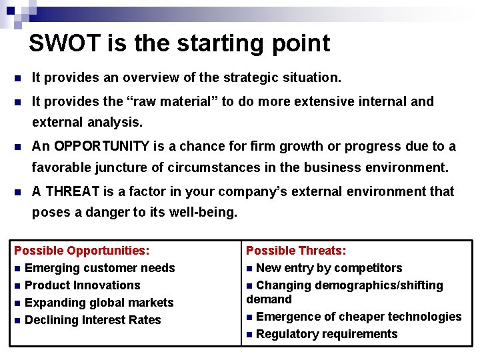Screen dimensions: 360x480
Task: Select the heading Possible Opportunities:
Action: click(81, 251)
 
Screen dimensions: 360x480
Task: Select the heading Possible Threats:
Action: click(296, 251)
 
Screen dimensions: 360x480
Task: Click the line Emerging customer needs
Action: click(99, 268)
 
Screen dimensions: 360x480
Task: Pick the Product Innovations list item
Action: click(82, 285)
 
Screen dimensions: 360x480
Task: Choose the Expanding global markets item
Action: click(99, 303)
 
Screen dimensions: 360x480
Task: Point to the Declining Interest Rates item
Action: click(93, 320)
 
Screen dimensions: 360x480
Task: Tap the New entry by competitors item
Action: click(329, 268)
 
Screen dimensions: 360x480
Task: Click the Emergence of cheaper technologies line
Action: click(358, 317)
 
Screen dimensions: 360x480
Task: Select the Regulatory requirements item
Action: click(326, 334)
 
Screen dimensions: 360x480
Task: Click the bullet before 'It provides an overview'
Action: click(18, 78)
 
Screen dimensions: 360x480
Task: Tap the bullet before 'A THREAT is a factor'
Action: click(18, 192)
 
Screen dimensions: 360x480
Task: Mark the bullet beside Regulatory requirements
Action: click(249, 335)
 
